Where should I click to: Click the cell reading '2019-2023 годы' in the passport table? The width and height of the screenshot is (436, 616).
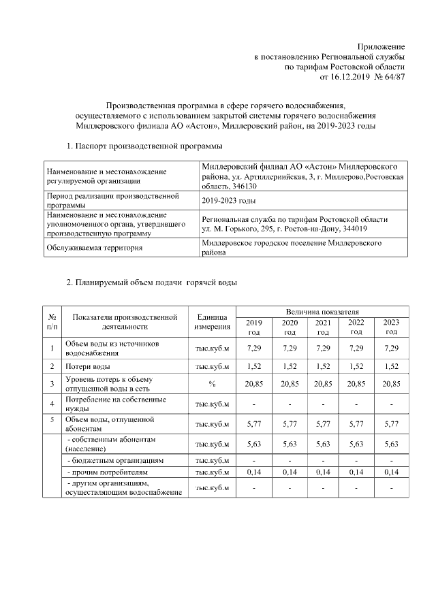point(228,200)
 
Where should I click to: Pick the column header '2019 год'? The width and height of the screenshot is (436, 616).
point(253,327)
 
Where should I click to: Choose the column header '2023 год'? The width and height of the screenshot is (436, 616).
point(391,327)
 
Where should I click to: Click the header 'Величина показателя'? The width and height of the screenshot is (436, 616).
point(322,311)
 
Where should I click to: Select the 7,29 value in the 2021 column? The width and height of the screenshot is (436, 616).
point(324,348)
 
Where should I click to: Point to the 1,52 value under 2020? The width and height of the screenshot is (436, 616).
point(290,367)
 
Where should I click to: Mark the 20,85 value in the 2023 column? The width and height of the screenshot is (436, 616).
point(391,384)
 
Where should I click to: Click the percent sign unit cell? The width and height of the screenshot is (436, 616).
point(212,384)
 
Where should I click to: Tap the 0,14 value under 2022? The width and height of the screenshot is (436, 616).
point(356,472)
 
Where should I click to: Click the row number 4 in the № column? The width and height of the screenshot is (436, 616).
point(52,404)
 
